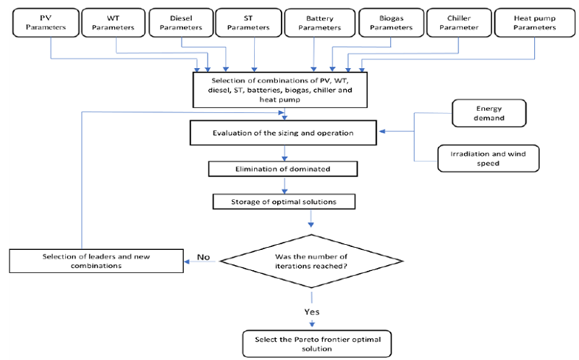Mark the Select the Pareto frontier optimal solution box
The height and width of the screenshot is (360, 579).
tap(313, 343)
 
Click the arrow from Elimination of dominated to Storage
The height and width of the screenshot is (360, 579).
tap(284, 185)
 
